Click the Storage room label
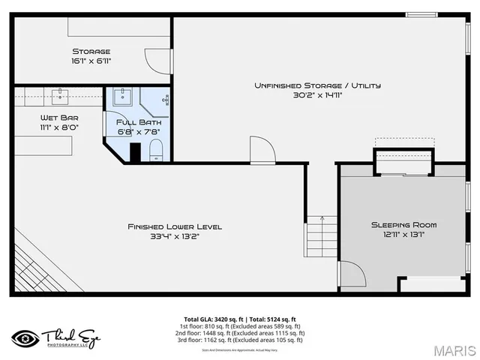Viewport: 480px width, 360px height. coord(91,51)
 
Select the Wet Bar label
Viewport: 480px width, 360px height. coord(59,118)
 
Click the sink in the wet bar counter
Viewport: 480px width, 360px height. coord(60,94)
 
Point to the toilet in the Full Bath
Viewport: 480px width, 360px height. coord(156,153)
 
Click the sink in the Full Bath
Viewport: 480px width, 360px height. coord(123,97)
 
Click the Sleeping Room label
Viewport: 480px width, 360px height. coord(403,224)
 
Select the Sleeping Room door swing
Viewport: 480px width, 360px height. coord(350,273)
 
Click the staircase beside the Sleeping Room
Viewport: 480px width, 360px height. coord(321,235)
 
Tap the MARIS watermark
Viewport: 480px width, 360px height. coord(454,350)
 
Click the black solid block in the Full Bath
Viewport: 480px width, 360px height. coord(135,152)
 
